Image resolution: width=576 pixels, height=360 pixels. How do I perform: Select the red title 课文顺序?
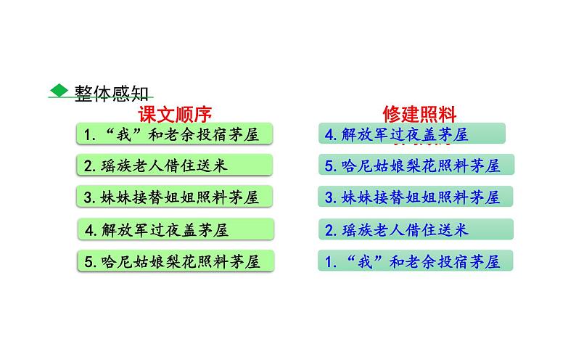pos(175,114)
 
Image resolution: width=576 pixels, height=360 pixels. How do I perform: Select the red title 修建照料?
pos(419,114)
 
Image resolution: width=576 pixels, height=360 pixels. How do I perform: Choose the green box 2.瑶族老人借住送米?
pos(174,165)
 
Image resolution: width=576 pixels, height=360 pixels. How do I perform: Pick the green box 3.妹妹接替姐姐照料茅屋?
pos(174,197)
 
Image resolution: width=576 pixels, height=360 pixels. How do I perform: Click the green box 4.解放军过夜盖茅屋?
pos(176,230)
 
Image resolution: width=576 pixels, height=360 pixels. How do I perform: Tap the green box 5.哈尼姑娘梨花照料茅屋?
pos(176,260)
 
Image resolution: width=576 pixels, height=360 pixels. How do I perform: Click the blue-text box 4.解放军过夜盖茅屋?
pos(411,134)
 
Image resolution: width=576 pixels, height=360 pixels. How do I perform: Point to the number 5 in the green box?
pos(88,260)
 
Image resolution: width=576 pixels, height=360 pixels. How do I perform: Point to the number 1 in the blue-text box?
pos(329,261)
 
